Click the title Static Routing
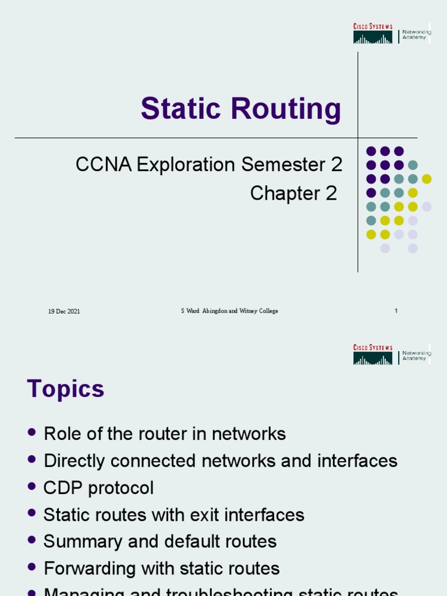click(240, 109)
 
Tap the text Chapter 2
click(293, 193)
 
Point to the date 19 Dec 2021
click(64, 311)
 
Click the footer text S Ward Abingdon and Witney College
click(229, 311)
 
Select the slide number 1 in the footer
click(396, 311)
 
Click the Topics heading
click(66, 389)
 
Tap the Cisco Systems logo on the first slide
click(372, 34)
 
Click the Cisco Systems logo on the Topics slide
click(372, 355)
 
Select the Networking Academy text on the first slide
click(417, 35)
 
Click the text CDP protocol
click(98, 488)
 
